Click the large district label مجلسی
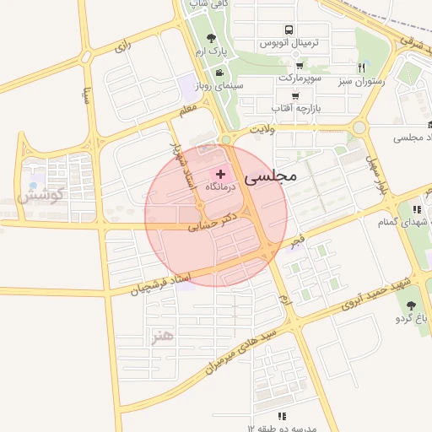click(272, 178)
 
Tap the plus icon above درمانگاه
click(220, 173)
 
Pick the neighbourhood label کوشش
click(40, 197)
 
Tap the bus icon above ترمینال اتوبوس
click(289, 29)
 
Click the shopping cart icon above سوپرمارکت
click(299, 65)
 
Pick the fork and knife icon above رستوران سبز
click(361, 67)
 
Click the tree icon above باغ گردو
click(412, 305)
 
